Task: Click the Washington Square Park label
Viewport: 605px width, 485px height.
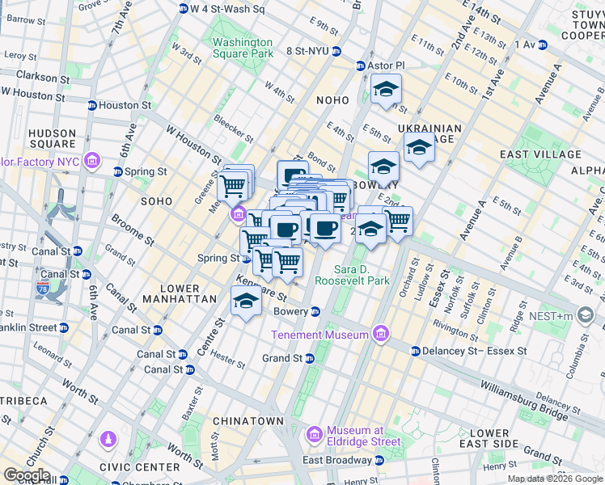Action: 242,48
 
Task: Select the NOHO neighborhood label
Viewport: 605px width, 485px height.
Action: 332,100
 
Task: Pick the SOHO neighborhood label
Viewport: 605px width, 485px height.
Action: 156,200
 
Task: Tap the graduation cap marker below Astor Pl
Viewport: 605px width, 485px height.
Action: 387,88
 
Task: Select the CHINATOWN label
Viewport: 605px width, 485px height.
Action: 247,421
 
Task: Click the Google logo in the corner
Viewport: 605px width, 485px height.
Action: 27,475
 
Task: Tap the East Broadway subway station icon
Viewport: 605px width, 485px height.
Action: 379,461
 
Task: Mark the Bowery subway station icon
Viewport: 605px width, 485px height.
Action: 316,311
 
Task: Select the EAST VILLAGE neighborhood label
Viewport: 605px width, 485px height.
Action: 540,154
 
